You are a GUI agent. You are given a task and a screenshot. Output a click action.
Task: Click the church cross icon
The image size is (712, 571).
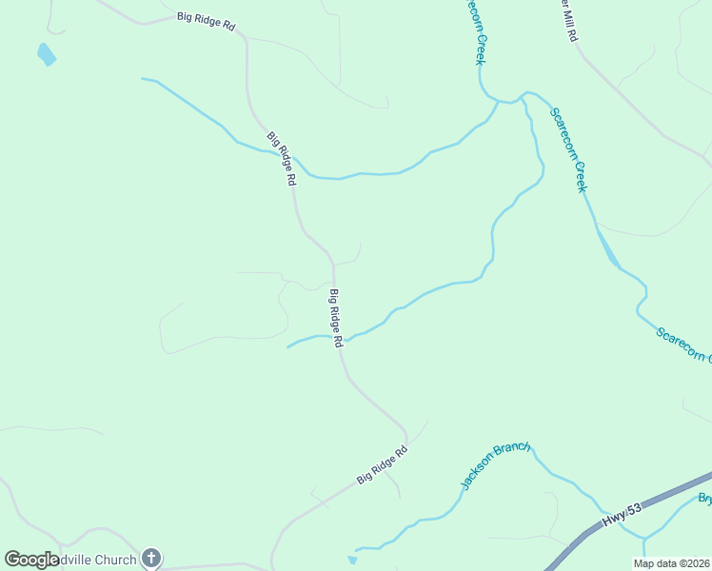(151, 559)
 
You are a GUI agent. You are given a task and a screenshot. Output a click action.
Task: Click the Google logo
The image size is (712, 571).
(32, 559)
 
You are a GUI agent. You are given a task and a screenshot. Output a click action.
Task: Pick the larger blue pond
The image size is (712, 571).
(46, 54)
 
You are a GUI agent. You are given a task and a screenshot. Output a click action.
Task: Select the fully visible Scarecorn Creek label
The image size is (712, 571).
(569, 149)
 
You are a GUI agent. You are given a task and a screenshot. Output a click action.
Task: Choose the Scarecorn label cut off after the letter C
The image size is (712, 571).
(683, 346)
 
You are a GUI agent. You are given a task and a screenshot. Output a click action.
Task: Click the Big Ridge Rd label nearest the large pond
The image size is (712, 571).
(206, 22)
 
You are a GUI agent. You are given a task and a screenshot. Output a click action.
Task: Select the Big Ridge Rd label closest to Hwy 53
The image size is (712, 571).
(382, 465)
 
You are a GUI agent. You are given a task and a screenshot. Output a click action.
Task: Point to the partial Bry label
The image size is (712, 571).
(704, 499)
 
